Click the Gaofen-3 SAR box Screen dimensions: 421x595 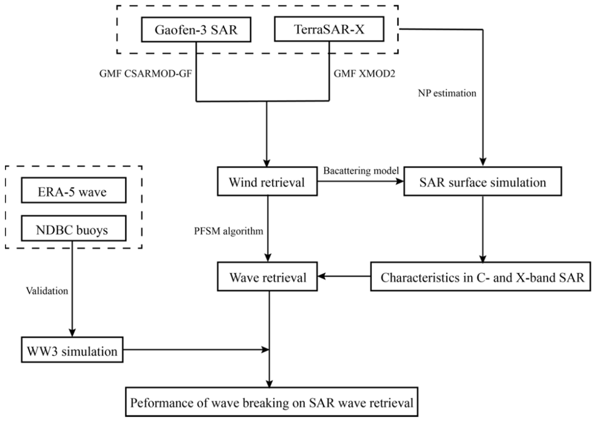[x=196, y=29]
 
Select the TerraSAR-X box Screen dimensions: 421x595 [x=329, y=29]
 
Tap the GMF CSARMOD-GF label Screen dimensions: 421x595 [x=146, y=74]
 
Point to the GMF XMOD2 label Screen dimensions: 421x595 [x=364, y=74]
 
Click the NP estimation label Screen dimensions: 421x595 [x=447, y=93]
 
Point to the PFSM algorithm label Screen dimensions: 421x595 [x=229, y=231]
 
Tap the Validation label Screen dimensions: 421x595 [x=47, y=291]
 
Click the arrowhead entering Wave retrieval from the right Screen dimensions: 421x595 [x=321, y=276]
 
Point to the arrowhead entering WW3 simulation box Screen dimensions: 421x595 [x=72, y=333]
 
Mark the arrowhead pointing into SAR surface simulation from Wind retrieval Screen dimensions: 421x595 [x=400, y=182]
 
